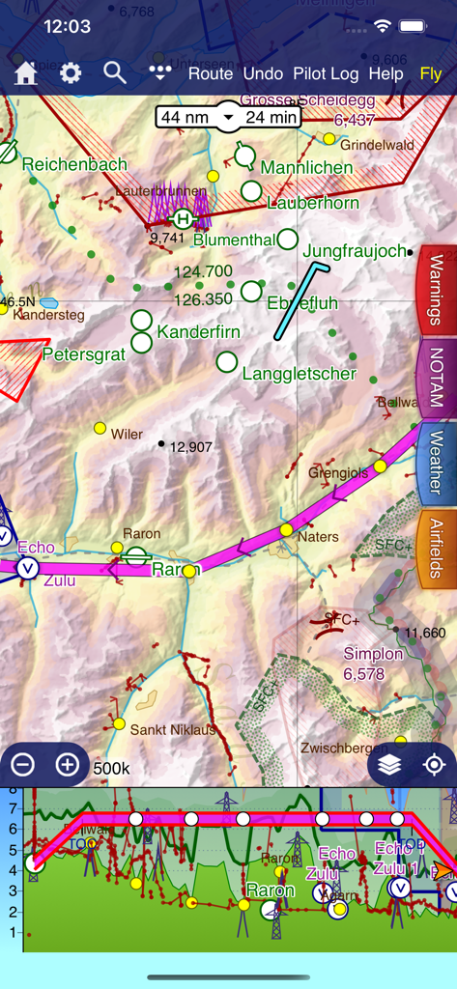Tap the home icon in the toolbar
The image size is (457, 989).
(25, 73)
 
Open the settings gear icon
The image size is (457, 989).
(71, 73)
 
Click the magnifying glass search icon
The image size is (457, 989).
(115, 73)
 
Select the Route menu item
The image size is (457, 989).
(211, 73)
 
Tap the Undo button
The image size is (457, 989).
(263, 73)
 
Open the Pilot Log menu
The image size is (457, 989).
(326, 73)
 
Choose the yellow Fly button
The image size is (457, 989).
(431, 73)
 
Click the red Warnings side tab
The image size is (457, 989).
(437, 291)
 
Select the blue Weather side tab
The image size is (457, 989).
(437, 465)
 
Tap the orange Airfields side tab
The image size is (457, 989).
(437, 550)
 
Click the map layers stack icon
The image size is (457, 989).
(390, 765)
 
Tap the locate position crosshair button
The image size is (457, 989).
(434, 765)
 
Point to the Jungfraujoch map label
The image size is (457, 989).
(355, 251)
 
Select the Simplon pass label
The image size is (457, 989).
(373, 663)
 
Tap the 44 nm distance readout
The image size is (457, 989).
(184, 117)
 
